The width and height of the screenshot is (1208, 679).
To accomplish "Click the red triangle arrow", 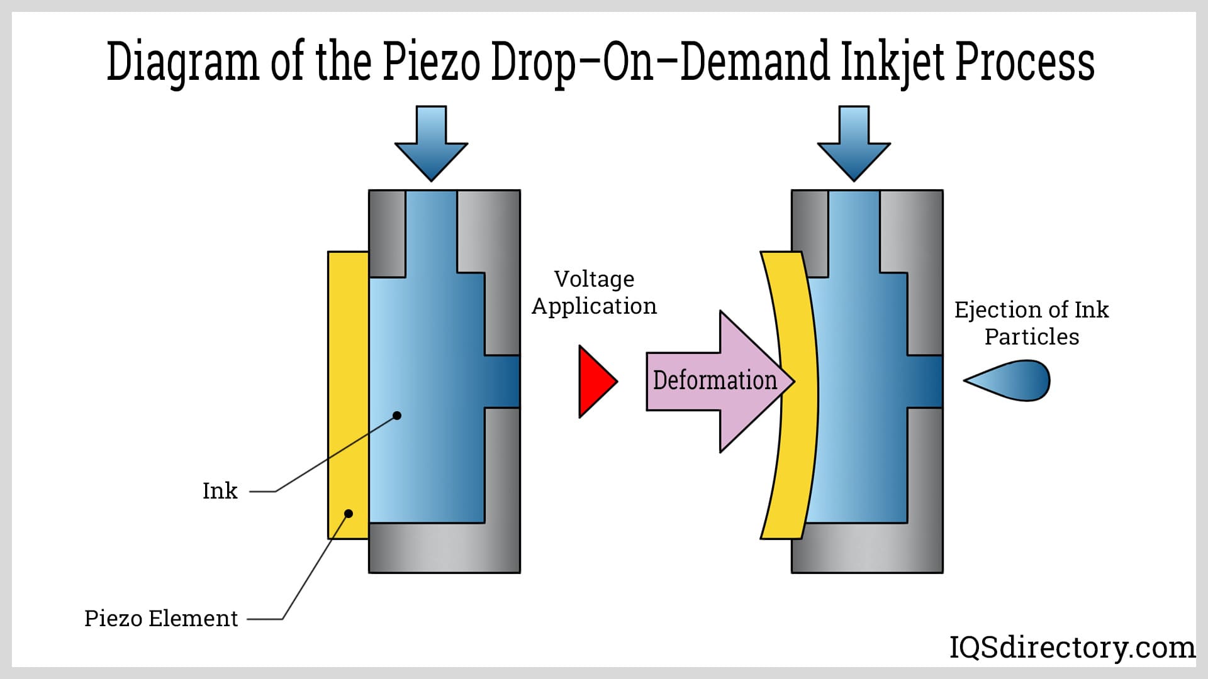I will pos(595,381).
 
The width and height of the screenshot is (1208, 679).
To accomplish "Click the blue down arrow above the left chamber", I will pos(431,145).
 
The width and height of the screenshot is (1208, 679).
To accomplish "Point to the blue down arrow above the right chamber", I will pos(854,145).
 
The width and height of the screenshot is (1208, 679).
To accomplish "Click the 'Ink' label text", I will pos(220,491).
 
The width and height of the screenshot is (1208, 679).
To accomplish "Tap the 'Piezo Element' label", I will pos(161,619).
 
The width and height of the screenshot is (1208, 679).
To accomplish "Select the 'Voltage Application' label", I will pos(594,292).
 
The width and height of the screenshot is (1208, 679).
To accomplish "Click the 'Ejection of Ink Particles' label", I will pos(1031,323).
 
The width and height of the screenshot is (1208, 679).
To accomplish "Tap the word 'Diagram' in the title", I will pos(182,62).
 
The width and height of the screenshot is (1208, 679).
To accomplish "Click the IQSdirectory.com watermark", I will pos(1071,648).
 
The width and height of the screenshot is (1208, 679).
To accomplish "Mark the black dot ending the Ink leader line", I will pos(397,416).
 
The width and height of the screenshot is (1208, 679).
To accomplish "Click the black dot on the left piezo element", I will pos(349,514).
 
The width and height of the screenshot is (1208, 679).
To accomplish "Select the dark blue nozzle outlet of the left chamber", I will pos(502,382).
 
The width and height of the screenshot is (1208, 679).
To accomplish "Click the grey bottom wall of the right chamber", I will pos(867,548).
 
